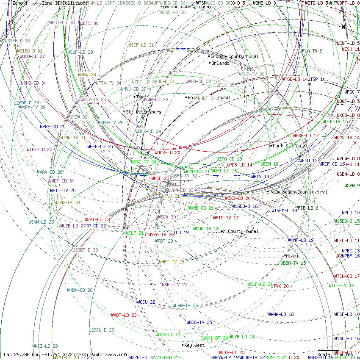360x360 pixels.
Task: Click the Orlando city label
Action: click(220, 63)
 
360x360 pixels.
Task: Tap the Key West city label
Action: click(194, 345)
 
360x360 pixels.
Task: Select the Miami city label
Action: click(292, 256)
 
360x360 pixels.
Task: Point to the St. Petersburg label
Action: click(143, 112)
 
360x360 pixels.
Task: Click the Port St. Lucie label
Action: click(290, 146)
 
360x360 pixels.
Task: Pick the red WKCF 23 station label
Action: click(160, 178)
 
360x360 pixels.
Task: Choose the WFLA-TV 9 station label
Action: click(311, 51)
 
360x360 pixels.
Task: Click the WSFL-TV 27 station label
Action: click(174, 285)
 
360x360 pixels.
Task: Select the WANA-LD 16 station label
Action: click(281, 314)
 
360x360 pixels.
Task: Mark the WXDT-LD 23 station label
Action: click(124, 315)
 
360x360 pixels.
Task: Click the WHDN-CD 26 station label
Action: click(80, 290)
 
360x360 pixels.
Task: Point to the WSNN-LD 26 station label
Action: click(41, 222)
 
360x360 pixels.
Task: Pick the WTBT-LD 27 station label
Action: click(39, 150)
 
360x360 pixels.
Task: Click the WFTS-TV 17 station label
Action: click(226, 218)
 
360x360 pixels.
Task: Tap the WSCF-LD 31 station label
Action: click(141, 44)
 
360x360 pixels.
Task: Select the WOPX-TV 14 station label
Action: click(346, 138)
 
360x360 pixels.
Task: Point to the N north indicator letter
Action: click(344, 27)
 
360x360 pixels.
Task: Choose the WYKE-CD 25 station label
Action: click(53, 126)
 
